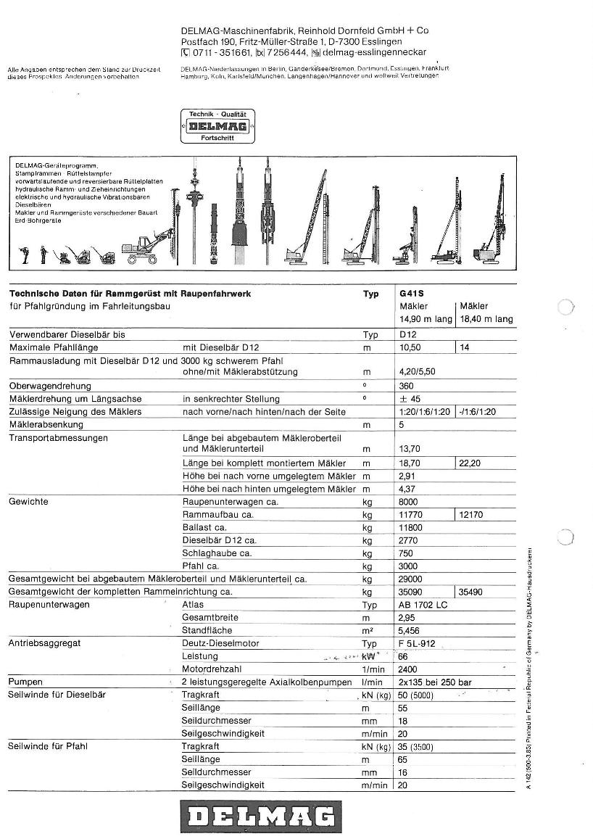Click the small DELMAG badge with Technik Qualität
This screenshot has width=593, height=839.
(217, 126)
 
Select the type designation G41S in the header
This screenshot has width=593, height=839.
(411, 294)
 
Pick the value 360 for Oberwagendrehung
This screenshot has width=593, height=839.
(406, 387)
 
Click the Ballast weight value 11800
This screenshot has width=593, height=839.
(410, 527)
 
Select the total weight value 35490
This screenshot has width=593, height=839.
(473, 592)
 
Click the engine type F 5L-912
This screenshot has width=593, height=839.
(418, 643)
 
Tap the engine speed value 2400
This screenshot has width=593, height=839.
(408, 669)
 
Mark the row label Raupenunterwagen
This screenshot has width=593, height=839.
(49, 605)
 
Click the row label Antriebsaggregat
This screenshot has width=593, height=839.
(44, 643)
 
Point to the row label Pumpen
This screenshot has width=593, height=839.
(25, 682)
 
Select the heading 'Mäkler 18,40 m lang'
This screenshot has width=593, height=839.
(486, 313)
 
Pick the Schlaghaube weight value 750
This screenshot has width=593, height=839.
(405, 553)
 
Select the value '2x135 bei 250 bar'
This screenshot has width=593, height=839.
(435, 682)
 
